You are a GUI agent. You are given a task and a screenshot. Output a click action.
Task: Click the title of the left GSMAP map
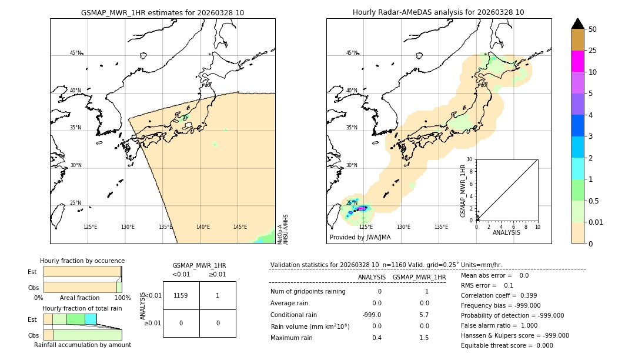162,12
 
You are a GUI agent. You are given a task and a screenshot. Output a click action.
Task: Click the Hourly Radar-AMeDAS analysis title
438,12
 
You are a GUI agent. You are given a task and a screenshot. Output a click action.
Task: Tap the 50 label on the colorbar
593,29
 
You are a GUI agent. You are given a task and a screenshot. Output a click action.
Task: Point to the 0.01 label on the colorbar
596,222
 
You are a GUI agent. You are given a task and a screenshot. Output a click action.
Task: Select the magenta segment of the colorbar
577,61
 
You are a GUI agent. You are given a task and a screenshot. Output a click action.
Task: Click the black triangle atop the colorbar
577,24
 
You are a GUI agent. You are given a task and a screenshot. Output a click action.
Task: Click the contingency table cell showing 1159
181,295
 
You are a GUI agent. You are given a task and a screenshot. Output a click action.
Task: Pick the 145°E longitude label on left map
240,227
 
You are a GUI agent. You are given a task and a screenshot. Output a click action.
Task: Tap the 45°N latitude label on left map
75,53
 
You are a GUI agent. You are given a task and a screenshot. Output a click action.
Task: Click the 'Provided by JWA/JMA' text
360,238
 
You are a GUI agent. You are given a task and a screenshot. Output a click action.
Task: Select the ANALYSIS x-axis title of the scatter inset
506,233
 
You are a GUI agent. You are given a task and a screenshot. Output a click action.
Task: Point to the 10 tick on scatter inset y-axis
470,159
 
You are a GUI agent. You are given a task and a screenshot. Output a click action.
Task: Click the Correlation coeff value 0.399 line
499,295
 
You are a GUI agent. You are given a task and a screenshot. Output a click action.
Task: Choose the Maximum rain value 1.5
423,338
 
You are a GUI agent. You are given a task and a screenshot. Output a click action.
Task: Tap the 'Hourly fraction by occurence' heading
82,261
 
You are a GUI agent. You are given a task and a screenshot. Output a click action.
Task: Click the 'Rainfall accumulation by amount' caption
82,345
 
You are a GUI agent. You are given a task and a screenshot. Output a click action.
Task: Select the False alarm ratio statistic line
499,325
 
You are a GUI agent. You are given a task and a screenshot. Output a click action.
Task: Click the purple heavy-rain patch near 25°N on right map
362,208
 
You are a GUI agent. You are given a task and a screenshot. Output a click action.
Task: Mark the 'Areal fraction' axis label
80,298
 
